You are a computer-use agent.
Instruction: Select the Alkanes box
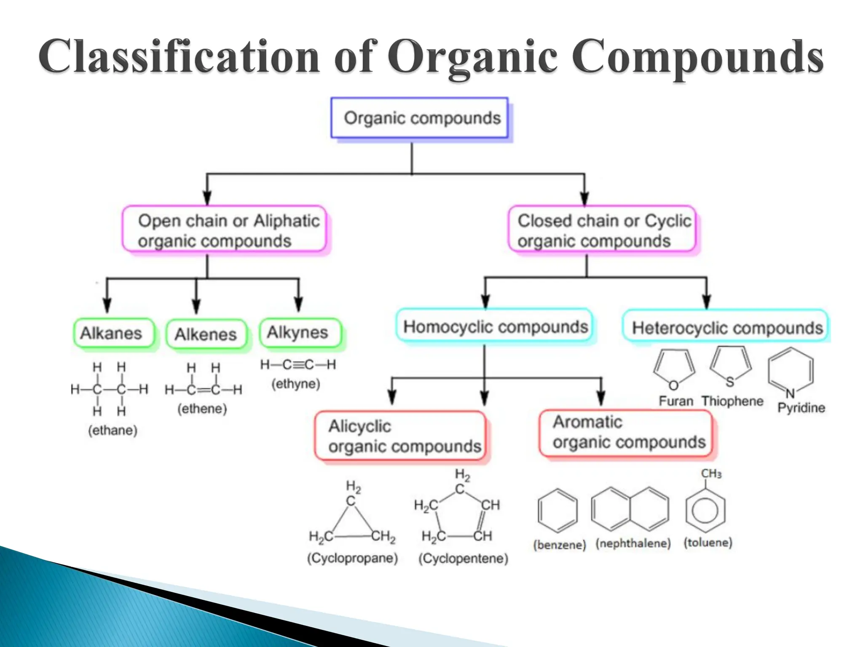tap(113, 333)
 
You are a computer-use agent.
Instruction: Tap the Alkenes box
tap(206, 334)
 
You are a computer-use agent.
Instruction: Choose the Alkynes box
tap(299, 332)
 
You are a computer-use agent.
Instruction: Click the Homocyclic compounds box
tap(495, 327)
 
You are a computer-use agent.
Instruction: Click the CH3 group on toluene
tap(711, 474)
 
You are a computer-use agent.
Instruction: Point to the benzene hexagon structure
tap(557, 511)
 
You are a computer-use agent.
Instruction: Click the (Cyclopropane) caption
tap(352, 558)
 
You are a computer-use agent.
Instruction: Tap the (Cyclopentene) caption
tap(463, 559)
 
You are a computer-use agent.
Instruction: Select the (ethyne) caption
tap(296, 384)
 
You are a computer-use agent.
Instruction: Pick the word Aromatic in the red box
tap(587, 422)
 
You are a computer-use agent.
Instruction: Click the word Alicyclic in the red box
tap(359, 426)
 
